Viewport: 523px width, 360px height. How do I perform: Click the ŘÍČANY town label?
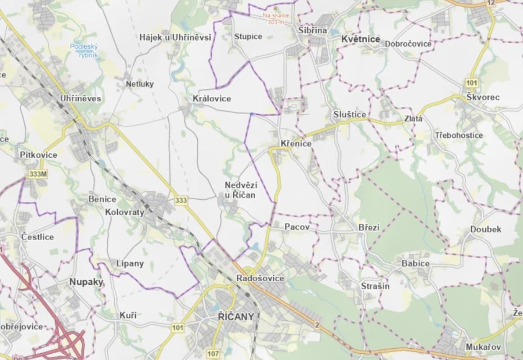click(x=233, y=316)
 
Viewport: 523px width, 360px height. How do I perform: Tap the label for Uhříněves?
click(x=81, y=98)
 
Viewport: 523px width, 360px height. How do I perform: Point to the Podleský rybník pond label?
click(x=81, y=50)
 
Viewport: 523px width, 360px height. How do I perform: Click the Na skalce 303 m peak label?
click(x=276, y=18)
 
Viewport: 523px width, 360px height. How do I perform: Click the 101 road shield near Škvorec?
click(x=472, y=83)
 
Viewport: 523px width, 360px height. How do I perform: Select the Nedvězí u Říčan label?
click(x=240, y=190)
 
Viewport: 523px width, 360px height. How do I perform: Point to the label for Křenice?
click(x=296, y=144)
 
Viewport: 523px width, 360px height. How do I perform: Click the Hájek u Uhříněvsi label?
click(x=175, y=37)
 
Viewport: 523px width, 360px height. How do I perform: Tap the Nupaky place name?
click(x=86, y=282)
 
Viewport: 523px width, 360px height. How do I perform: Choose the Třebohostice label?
click(x=459, y=135)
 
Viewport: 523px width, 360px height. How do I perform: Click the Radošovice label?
click(x=260, y=279)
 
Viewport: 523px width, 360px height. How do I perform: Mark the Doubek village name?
click(x=486, y=229)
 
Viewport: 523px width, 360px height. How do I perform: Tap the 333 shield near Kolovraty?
click(x=181, y=200)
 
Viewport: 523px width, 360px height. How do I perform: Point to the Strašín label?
click(x=375, y=286)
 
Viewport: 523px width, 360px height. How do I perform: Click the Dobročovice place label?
click(x=408, y=44)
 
